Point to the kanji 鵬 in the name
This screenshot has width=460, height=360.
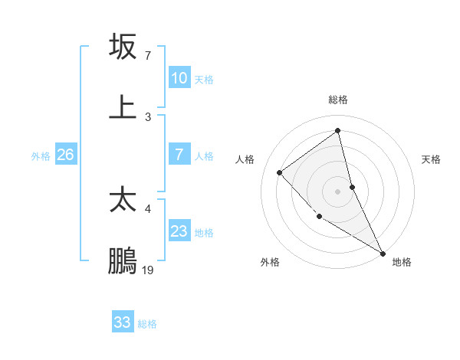point(123,261)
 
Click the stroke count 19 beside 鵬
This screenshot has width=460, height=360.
point(148,270)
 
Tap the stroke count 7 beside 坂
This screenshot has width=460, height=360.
point(148,56)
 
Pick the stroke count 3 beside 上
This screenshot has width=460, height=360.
point(148,117)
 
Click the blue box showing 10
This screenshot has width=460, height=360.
point(179,78)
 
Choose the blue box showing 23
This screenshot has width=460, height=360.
point(179,231)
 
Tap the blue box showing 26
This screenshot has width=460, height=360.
point(65,155)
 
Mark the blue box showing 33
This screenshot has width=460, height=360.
point(123,322)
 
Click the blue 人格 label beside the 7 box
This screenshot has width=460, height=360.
point(204,156)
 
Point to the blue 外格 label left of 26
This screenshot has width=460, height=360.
point(41,156)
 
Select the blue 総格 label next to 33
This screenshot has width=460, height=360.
point(147,324)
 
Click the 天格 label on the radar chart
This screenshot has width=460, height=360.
point(432,159)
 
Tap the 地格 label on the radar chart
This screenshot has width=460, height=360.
point(402,262)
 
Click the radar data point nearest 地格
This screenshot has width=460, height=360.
point(383,253)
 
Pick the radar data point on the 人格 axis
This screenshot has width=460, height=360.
point(280,172)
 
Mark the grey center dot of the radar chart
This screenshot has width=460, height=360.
point(337,191)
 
